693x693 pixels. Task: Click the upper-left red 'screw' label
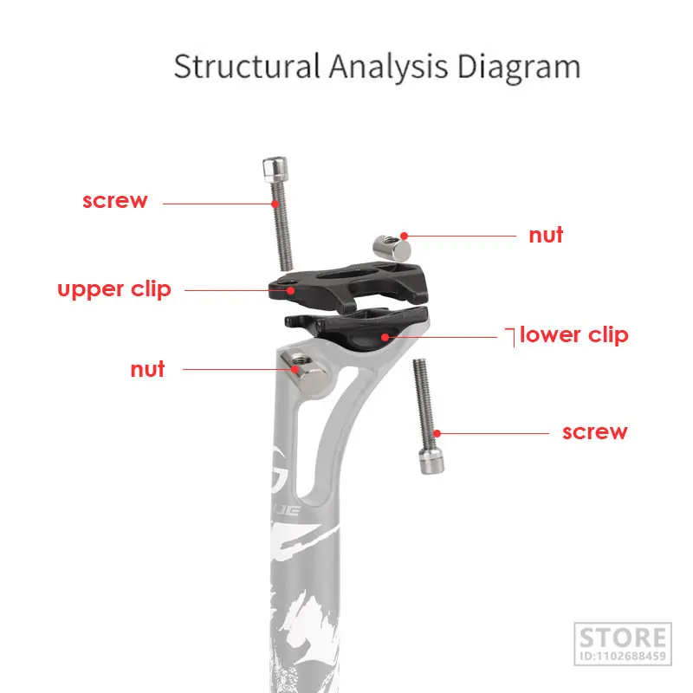[x=115, y=201]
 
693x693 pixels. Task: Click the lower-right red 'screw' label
[x=594, y=431]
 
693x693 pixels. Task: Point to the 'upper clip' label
[x=114, y=288]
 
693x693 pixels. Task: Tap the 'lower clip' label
[x=573, y=335]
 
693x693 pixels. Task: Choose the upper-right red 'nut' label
[x=546, y=235]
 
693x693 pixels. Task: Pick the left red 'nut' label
[x=147, y=369]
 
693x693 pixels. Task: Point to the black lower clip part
[x=364, y=329]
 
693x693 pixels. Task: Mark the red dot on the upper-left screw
[x=275, y=204]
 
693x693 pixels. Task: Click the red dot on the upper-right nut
[x=405, y=234]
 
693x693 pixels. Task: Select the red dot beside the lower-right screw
[x=439, y=432]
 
